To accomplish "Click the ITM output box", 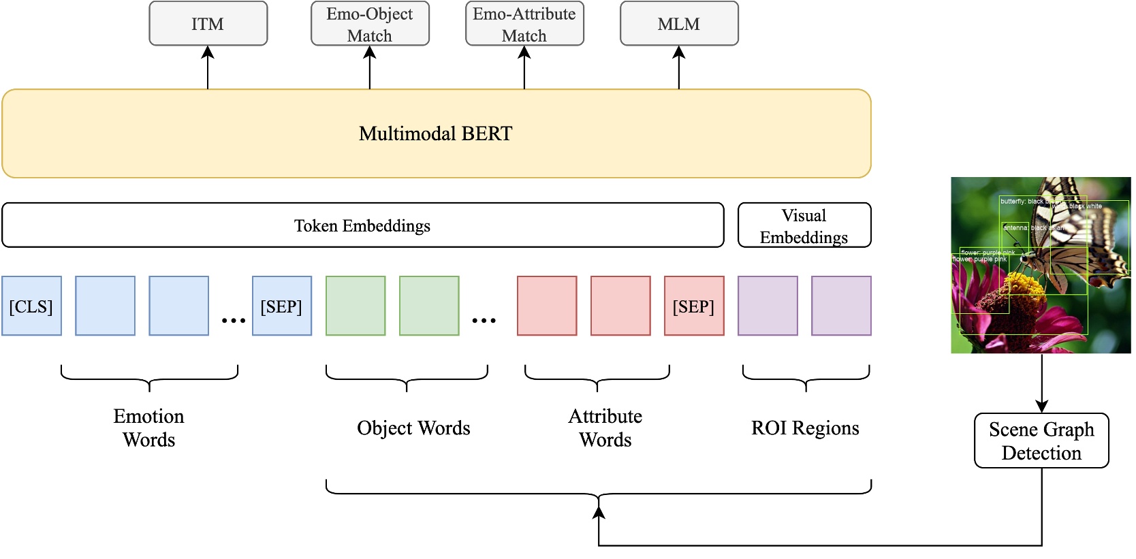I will (x=208, y=24).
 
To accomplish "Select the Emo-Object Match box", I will (x=370, y=24).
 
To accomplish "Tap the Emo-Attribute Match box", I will (x=524, y=24).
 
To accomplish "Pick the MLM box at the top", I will (x=679, y=24).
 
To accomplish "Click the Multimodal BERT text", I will (x=435, y=133).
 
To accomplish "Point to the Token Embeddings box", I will (x=362, y=225).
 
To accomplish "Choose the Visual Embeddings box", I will (x=804, y=225).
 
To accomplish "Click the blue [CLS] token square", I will (x=31, y=306).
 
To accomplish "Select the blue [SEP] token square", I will (x=281, y=306).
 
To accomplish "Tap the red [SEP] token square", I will (x=693, y=306).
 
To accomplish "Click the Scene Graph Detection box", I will (x=1041, y=441).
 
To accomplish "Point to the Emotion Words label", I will (x=148, y=428).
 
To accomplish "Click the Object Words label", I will (x=413, y=428).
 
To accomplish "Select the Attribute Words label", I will (x=605, y=428).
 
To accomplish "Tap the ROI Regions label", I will (x=805, y=428).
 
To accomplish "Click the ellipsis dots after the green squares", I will (x=484, y=320).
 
